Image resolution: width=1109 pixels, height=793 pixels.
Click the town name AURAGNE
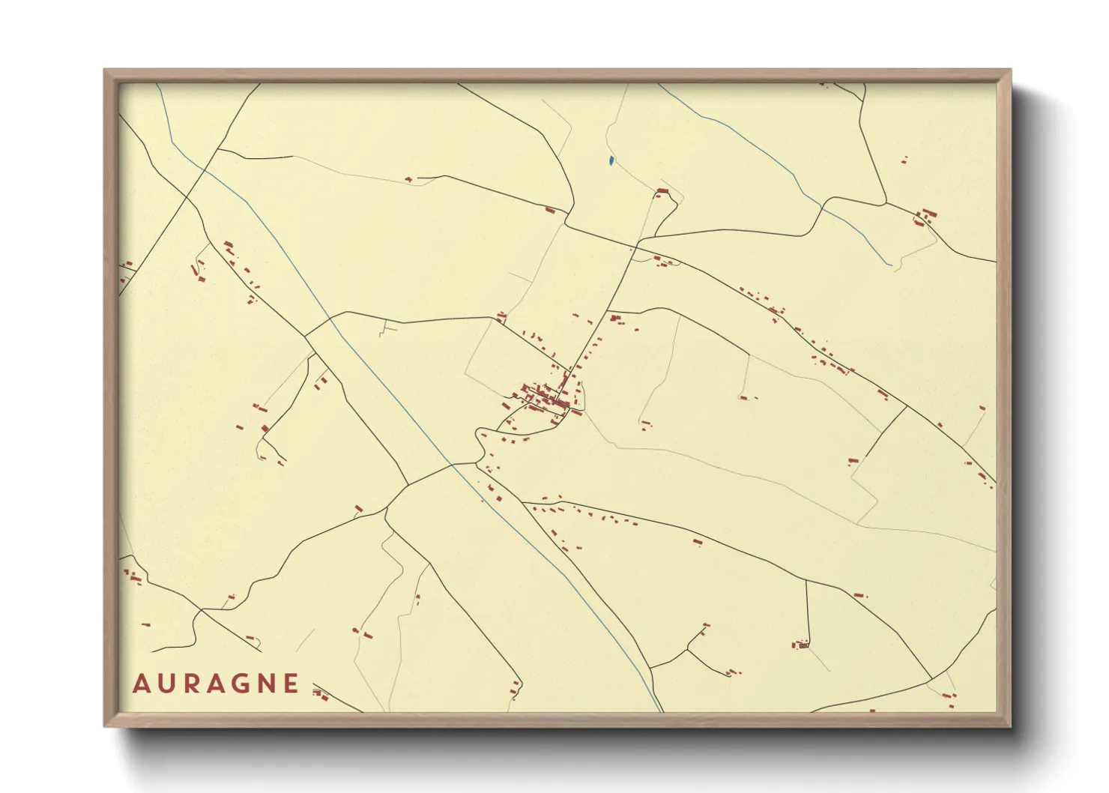click(216, 684)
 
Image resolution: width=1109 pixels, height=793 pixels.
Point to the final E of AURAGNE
click(291, 684)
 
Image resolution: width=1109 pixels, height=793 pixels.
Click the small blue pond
click(611, 160)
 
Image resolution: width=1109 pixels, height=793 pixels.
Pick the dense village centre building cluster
click(551, 397)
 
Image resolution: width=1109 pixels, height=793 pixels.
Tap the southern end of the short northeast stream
click(890, 264)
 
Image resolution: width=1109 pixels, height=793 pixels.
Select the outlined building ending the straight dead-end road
click(803, 644)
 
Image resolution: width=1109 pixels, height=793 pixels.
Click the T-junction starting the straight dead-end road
click(806, 580)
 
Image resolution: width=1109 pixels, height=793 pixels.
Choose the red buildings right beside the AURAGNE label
click(321, 694)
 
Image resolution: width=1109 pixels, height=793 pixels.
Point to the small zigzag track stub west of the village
click(385, 328)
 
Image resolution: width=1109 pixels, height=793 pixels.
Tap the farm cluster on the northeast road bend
click(926, 217)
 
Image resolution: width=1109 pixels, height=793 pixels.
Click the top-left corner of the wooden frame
click(104, 70)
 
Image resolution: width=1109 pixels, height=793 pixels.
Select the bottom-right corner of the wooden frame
click(1011, 726)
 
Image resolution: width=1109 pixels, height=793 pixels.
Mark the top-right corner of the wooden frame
click(1011, 70)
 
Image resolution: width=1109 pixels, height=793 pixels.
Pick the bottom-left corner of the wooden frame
click(104, 726)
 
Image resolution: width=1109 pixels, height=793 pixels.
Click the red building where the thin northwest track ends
click(409, 180)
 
